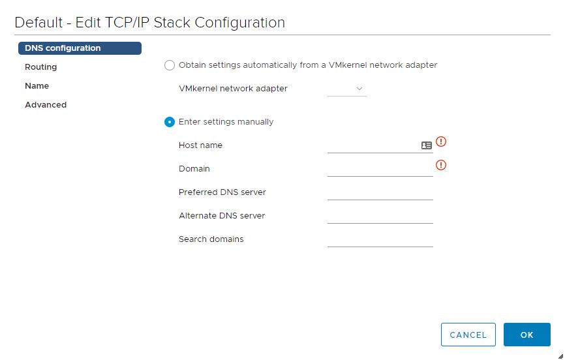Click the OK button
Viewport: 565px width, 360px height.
527,335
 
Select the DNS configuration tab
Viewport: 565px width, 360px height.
80,48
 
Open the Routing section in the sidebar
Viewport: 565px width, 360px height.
40,67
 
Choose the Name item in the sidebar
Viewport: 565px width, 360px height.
37,86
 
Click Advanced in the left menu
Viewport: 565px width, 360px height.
46,105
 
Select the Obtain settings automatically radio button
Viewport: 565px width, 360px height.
170,65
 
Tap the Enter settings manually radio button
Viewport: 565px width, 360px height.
170,122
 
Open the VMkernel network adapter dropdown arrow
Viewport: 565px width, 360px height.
359,89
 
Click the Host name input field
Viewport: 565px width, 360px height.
373,145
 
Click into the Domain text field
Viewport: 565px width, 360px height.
380,169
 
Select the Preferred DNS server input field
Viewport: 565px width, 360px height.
380,192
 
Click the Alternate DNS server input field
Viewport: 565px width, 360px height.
380,216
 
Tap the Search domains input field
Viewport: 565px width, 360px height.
380,239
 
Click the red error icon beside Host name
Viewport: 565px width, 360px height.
441,142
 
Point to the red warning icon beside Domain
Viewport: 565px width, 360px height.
441,165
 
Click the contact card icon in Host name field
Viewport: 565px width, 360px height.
427,145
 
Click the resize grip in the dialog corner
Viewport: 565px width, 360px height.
560,356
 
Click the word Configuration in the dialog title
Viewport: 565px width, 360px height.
240,23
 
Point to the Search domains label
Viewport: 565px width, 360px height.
211,239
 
